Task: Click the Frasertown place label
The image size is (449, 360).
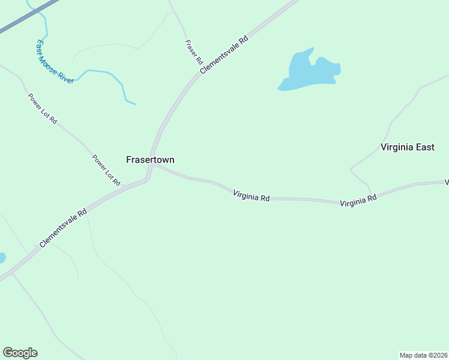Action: coord(150,160)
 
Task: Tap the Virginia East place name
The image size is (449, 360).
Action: coord(407,147)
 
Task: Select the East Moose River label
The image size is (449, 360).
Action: coord(54,62)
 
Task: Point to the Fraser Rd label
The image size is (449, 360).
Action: coord(193,52)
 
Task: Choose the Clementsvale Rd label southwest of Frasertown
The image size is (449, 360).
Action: coord(63,228)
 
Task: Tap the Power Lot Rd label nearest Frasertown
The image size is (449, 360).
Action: coord(106,170)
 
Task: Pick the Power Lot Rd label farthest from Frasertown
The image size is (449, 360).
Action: coord(42,109)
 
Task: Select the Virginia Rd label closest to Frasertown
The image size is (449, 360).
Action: coord(251,194)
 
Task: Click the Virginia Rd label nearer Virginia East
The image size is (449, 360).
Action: coord(358,200)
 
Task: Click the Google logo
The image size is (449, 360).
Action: coord(20,353)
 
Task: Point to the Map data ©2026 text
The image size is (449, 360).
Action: coord(423,355)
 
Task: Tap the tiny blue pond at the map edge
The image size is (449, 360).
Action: coord(2,258)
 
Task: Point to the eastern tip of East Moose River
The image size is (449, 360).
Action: coord(134,104)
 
